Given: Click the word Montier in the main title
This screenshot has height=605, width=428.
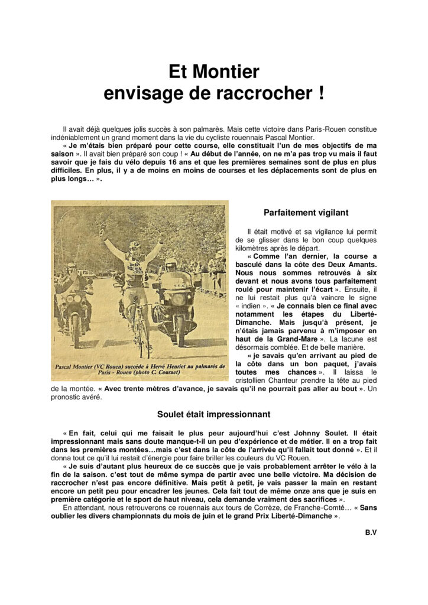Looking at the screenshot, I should [x=231, y=72].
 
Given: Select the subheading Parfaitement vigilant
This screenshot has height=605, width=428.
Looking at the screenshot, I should [x=306, y=213].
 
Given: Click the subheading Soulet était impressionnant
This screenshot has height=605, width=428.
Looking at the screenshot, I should [x=214, y=414].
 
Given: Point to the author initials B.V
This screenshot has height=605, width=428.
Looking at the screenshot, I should [x=371, y=532].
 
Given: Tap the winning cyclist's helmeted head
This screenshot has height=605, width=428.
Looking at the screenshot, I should [x=135, y=245].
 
